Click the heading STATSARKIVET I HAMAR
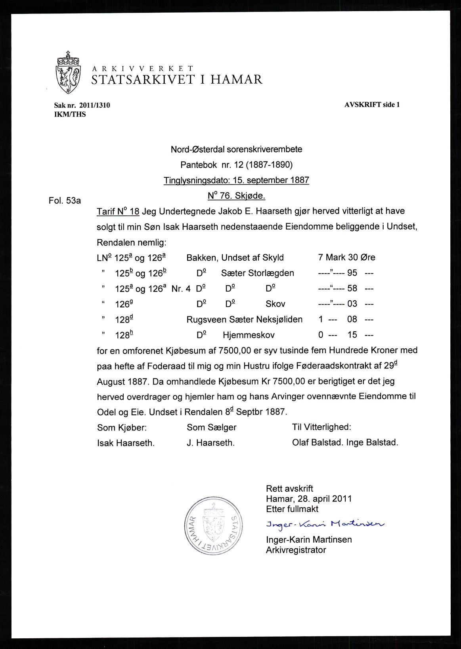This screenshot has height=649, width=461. tap(177, 80)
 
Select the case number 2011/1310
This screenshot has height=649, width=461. tap(94, 105)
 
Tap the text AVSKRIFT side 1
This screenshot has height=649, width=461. tap(372, 105)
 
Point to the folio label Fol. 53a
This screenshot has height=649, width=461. tap(65, 201)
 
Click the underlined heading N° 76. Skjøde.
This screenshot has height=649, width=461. tap(236, 196)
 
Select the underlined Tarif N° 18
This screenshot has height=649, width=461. tap(118, 211)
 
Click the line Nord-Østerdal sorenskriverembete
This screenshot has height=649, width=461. tap(236, 150)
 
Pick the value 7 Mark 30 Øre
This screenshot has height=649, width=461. tap(346, 257)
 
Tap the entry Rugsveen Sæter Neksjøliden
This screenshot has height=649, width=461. tap(245, 319)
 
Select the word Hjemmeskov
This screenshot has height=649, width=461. tap(249, 335)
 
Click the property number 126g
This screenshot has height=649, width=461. tap(122, 304)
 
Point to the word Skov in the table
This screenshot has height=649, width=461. tap(275, 304)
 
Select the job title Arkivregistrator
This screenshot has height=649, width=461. tap(296, 550)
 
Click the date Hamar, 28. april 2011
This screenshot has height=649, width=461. tap(309, 499)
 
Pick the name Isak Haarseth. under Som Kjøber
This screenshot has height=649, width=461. tap(126, 443)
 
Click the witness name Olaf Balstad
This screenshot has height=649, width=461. tap(318, 442)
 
